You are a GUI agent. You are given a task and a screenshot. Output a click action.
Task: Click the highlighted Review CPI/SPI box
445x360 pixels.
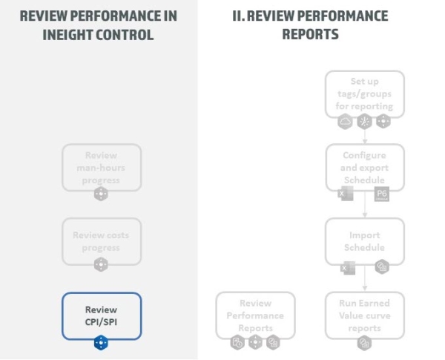[x=101, y=315]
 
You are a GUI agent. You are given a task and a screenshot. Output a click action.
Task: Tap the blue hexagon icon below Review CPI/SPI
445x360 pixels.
[x=101, y=343]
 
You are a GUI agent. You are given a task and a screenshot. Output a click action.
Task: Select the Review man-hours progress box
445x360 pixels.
[x=101, y=167]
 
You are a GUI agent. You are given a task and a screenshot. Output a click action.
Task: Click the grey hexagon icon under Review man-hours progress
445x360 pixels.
[x=101, y=194]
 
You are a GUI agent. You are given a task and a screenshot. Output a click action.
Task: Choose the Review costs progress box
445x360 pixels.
[x=101, y=241]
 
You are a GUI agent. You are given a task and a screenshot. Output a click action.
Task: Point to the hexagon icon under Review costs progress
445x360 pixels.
[x=101, y=269]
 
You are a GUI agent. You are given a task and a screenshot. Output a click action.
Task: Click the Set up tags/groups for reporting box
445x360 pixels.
[x=364, y=94]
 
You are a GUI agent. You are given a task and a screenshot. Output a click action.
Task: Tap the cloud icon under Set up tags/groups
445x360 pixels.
[x=345, y=122]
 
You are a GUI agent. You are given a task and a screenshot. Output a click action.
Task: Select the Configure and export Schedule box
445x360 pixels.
[x=364, y=167]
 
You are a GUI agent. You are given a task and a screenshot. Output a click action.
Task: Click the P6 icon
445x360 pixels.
[x=382, y=194]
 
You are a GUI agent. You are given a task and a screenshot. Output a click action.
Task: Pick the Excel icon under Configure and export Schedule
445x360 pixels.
[x=346, y=194]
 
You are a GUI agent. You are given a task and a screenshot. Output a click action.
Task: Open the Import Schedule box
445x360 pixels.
[x=364, y=241]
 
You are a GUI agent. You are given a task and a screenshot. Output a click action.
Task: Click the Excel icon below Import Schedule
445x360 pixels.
[x=346, y=268]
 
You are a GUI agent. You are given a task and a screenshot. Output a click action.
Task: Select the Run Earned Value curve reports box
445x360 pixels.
[x=364, y=315]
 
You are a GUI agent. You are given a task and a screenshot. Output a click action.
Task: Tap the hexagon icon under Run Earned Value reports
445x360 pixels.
[x=364, y=343]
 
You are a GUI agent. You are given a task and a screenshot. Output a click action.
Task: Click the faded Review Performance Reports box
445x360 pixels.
[x=255, y=315]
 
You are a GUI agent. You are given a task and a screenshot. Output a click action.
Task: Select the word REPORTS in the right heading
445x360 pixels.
[x=310, y=34]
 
